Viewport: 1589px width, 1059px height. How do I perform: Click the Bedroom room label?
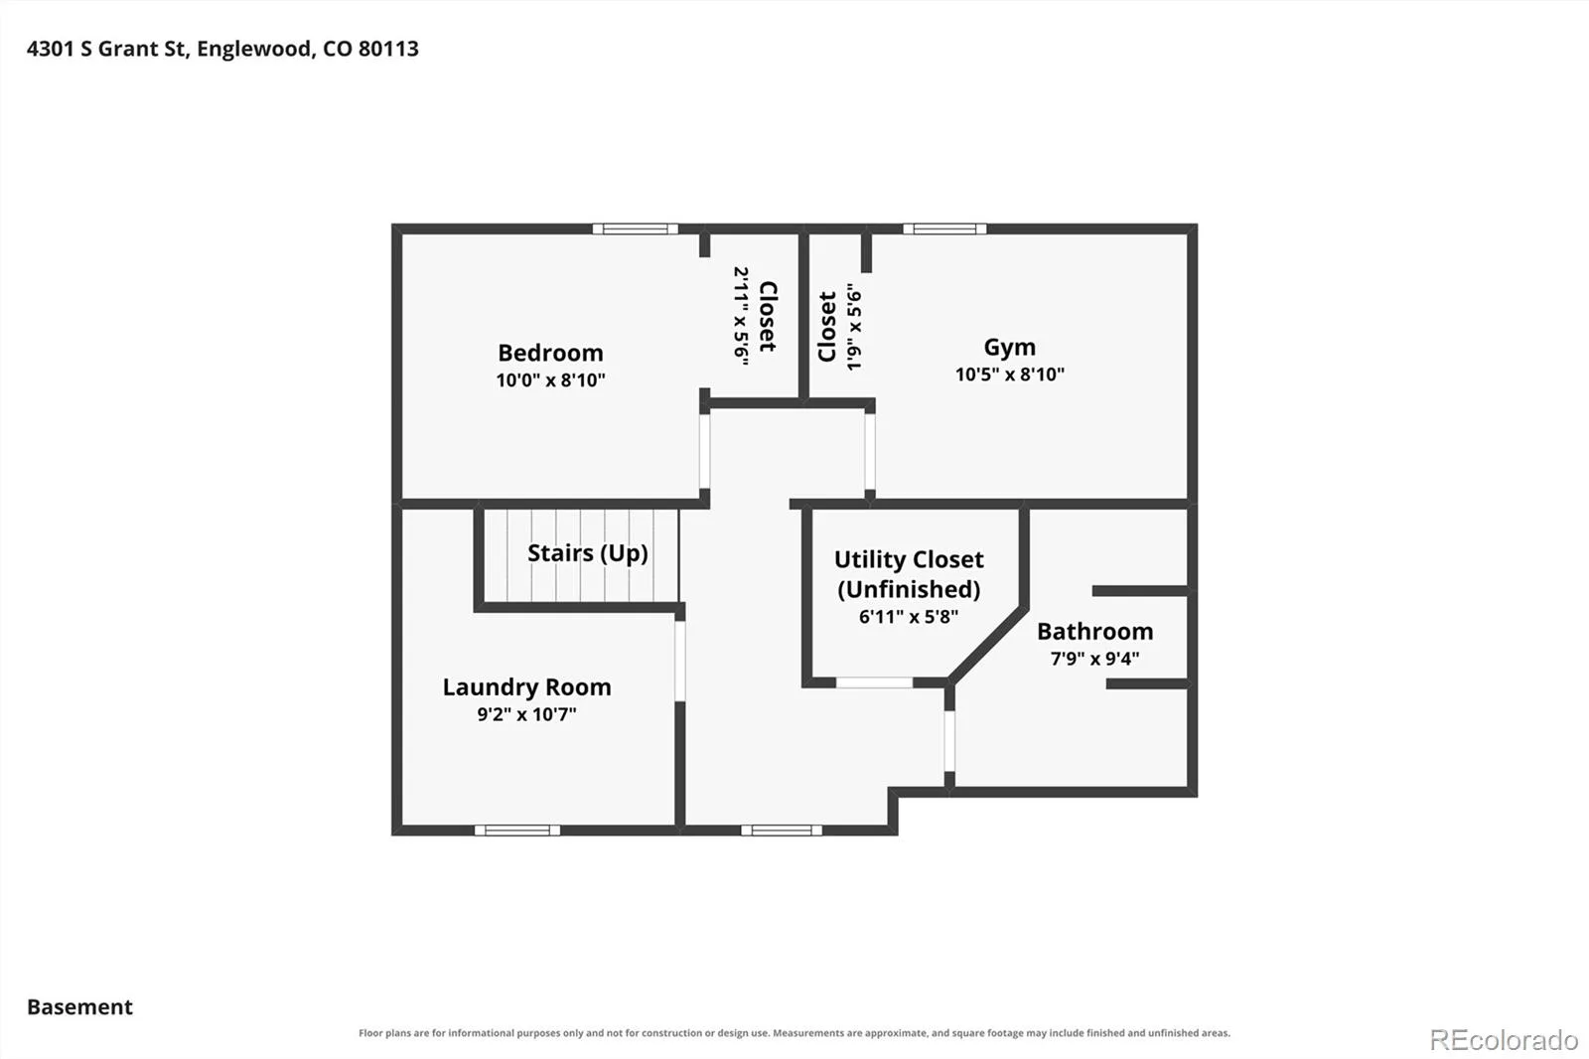[550, 353]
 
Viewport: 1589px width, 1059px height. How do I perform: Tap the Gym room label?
[1009, 347]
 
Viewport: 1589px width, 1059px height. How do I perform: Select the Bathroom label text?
[1094, 631]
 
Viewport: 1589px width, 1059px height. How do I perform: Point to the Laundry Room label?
[527, 687]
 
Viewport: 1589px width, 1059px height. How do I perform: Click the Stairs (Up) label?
[587, 553]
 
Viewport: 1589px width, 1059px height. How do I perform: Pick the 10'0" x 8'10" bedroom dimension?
[550, 380]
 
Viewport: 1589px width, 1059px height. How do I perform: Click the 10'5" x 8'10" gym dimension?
[1009, 375]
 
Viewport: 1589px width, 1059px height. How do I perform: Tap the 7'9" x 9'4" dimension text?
[1094, 659]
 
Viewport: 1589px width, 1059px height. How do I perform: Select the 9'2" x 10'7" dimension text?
[527, 714]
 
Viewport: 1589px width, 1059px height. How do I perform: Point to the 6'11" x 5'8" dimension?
[909, 616]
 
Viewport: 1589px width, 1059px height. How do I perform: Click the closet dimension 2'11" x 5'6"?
[741, 317]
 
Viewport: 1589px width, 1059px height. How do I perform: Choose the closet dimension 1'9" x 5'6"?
[854, 327]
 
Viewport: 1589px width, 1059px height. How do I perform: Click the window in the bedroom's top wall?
[635, 228]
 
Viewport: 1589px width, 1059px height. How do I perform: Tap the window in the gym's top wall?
[944, 228]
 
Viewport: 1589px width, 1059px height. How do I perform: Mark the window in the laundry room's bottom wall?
[517, 831]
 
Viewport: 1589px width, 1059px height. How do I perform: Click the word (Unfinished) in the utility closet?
[909, 589]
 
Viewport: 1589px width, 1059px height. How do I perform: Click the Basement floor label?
[79, 1006]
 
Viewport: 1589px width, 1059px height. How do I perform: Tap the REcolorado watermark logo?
[1504, 1040]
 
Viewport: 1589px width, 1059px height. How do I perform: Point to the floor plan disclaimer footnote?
[794, 1033]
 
